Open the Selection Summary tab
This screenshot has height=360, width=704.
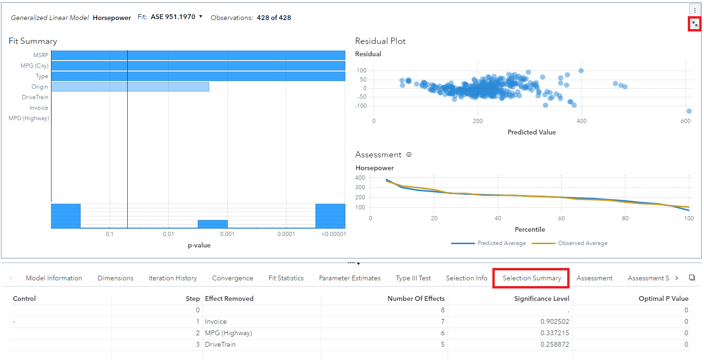[x=531, y=278]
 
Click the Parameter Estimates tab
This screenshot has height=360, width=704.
[x=349, y=278]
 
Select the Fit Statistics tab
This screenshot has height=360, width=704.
[x=286, y=278]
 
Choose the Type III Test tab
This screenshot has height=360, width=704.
[x=413, y=278]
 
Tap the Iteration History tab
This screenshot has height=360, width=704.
[x=173, y=278]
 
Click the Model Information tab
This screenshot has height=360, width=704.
[x=54, y=278]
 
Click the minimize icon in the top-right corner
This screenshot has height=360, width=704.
[x=694, y=24]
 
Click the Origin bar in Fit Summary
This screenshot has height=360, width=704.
[x=130, y=87]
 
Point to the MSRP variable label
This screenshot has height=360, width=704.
[x=41, y=55]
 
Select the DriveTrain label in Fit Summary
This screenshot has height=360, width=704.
[x=35, y=97]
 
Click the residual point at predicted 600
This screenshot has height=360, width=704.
[x=689, y=111]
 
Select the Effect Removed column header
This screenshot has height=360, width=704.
[x=229, y=298]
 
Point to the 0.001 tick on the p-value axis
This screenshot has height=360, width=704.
[x=227, y=234]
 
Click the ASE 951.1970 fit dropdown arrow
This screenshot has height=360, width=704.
[x=201, y=17]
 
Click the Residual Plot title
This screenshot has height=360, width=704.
[x=380, y=41]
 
